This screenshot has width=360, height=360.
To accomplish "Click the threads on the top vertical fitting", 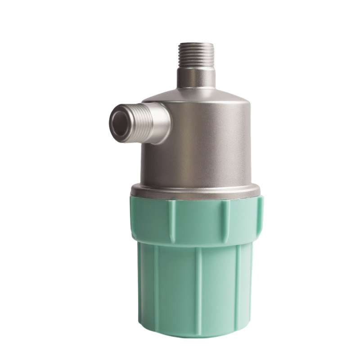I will [x=196, y=54].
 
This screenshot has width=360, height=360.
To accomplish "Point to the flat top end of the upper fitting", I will [x=196, y=43].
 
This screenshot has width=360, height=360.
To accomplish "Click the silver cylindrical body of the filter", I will [x=202, y=144].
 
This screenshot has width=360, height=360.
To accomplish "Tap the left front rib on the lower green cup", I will [x=156, y=288].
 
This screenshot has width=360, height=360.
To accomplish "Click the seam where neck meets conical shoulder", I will [x=196, y=88].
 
